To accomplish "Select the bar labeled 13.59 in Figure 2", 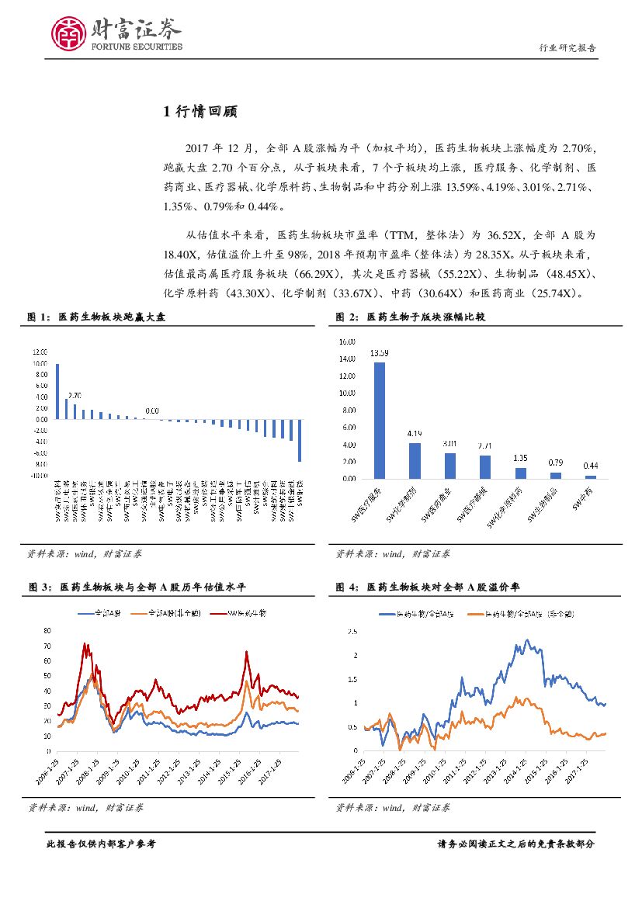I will pyautogui.click(x=380, y=420).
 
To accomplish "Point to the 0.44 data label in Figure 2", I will pyautogui.click(x=591, y=466).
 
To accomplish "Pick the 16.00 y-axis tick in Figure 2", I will pyautogui.click(x=346, y=341).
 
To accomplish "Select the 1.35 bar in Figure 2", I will pyautogui.click(x=520, y=473).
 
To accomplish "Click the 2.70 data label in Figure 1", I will pyautogui.click(x=75, y=395).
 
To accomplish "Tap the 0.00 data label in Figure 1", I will pyautogui.click(x=152, y=411).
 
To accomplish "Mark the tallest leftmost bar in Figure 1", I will pyautogui.click(x=57, y=391).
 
